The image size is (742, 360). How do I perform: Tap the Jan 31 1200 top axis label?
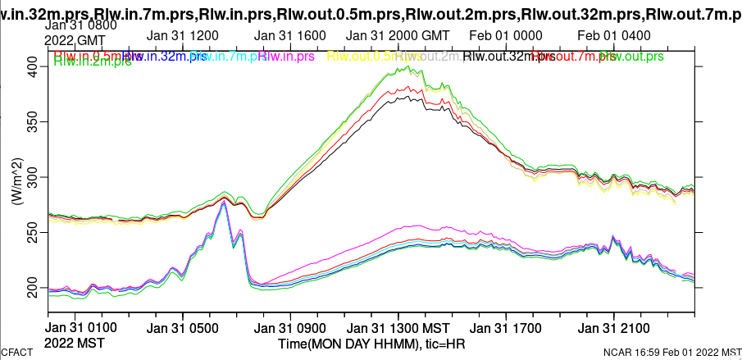coord(182,36)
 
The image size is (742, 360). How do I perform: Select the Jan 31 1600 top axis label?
coord(290,36)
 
